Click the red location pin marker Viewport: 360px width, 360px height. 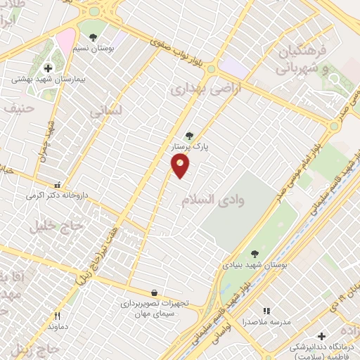pos(181,165)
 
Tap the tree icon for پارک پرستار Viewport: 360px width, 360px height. pos(188,136)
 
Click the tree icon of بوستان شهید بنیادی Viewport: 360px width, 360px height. pos(255,255)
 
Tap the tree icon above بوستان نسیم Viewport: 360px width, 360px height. pos(93,37)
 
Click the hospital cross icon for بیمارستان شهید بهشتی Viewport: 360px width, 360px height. pos(48,68)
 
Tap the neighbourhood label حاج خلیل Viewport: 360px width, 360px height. pos(56,225)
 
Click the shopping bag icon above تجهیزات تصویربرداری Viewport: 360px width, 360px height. pos(154,292)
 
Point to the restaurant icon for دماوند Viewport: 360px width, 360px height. pos(58,316)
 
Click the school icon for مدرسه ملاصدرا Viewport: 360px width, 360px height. pos(266,310)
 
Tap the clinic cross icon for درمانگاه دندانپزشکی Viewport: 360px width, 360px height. pos(321,337)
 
